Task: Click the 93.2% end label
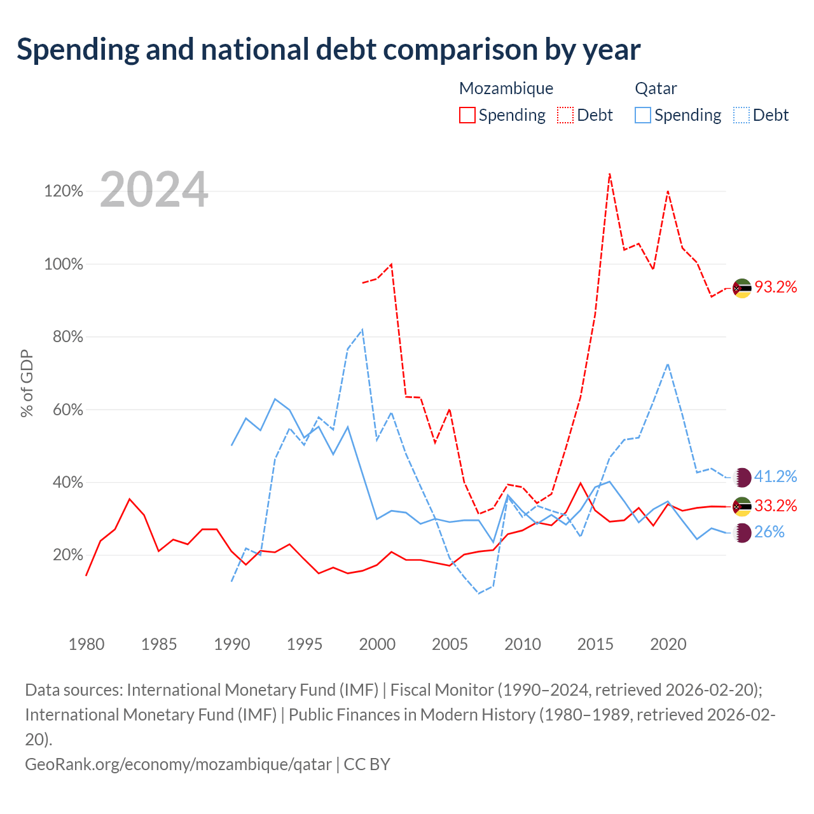776,287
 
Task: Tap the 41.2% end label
776,476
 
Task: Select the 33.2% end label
776,506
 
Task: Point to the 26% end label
769,532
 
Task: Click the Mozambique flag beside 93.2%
742,289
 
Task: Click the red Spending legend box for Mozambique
467,115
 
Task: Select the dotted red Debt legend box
565,115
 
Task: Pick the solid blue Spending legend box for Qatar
643,115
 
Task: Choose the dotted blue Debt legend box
742,115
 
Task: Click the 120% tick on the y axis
64,191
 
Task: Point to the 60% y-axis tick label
68,410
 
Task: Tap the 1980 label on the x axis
86,644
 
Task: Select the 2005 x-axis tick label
450,644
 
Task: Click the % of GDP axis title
27,383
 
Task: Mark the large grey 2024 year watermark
154,190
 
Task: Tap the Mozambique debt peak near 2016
610,174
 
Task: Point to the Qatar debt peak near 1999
362,330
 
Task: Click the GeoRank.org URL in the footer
178,764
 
